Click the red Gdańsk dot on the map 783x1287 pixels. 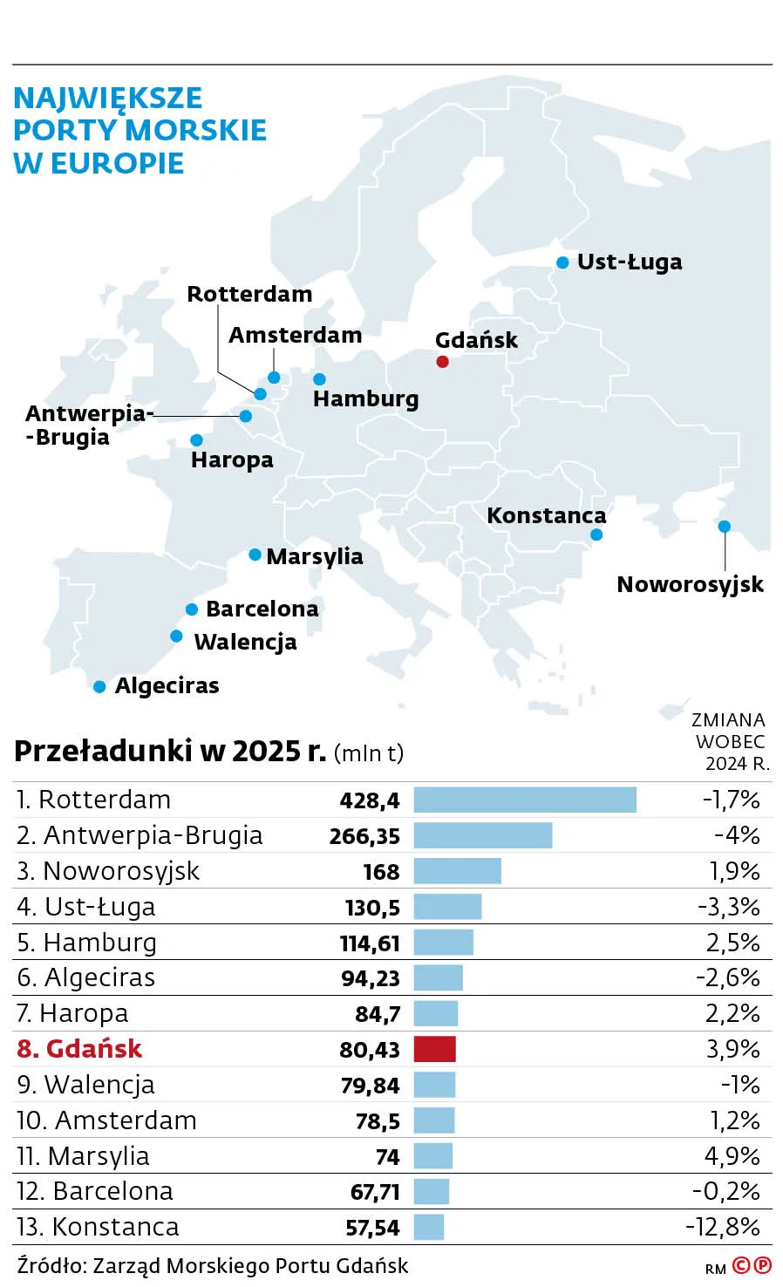pos(442,361)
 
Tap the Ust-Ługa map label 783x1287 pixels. pos(630,262)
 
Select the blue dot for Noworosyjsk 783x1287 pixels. pos(724,526)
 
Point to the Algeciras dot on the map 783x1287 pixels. pos(99,687)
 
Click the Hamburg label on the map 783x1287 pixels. pos(365,398)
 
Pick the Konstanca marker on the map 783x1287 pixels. pos(596,535)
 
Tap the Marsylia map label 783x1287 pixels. pos(314,556)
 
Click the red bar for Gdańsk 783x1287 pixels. pos(434,1049)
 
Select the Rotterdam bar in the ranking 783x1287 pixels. pos(524,800)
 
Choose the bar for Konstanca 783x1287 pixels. pos(428,1227)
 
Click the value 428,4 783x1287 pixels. pos(370,800)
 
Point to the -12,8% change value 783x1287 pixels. pos(722,1227)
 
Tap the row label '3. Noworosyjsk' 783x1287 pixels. pos(108,871)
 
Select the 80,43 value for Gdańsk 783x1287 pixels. pos(370,1050)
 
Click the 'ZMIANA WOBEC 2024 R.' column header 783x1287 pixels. pos(730,741)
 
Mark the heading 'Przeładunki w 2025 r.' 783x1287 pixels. pos(170,751)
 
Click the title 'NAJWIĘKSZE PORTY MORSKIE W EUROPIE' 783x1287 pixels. pos(140,130)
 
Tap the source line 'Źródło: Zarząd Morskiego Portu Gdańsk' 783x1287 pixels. pos(212,1265)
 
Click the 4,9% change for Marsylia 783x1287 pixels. pos(732,1156)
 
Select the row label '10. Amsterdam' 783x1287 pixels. pos(106,1120)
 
